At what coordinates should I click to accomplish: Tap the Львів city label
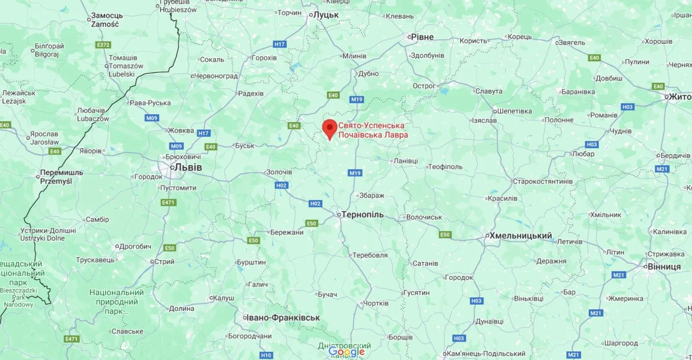click(x=187, y=167)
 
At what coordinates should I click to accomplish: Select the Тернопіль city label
click(x=362, y=215)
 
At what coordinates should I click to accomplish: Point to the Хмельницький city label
click(x=520, y=236)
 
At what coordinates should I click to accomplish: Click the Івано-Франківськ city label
click(x=283, y=317)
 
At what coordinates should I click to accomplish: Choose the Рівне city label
click(x=422, y=37)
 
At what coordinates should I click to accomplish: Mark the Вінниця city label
click(x=664, y=267)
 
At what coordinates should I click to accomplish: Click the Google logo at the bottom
click(x=346, y=351)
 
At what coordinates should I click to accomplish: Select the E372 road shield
click(x=103, y=45)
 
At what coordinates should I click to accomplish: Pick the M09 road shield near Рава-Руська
click(x=152, y=118)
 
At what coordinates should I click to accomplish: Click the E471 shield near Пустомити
click(x=168, y=202)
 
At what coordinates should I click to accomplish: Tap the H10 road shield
click(x=265, y=355)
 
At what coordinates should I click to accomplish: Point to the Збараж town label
click(x=372, y=196)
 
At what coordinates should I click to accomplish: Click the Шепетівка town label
click(x=514, y=111)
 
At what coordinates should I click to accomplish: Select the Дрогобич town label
click(x=135, y=246)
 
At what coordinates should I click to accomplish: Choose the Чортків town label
click(x=375, y=303)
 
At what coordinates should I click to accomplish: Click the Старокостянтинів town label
click(x=542, y=181)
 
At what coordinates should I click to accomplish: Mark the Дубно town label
click(x=368, y=73)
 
